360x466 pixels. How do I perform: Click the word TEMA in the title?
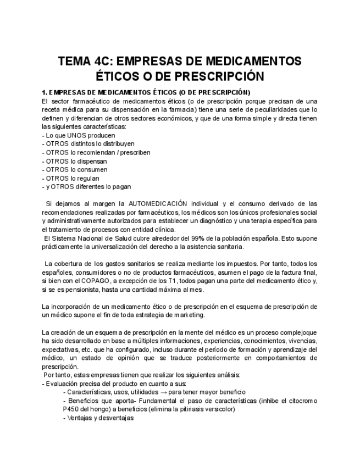(x=76, y=60)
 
